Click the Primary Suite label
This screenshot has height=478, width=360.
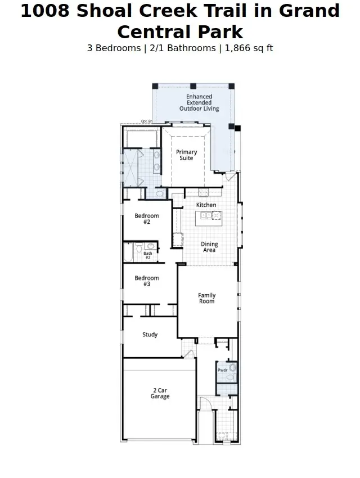coord(186,155)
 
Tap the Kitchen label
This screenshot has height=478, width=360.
coord(206,205)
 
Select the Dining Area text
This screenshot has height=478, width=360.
coord(209,247)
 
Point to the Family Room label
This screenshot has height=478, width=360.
coord(206,299)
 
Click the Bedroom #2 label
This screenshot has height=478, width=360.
coord(146,219)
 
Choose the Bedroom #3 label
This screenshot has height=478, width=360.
coord(146,281)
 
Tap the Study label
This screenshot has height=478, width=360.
coord(150,335)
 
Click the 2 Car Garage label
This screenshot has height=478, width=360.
coord(160,393)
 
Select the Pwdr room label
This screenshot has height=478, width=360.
coord(223,370)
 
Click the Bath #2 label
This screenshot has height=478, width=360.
coord(148,255)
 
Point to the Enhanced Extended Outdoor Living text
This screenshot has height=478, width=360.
coord(199,102)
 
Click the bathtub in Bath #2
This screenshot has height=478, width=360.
coord(129,252)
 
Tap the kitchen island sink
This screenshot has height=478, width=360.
coord(206,215)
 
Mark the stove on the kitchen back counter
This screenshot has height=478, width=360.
coord(203,193)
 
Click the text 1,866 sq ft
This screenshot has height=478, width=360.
coord(249,48)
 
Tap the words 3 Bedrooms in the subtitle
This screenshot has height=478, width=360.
coord(114,48)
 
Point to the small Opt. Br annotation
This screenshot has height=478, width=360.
coord(146,121)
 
